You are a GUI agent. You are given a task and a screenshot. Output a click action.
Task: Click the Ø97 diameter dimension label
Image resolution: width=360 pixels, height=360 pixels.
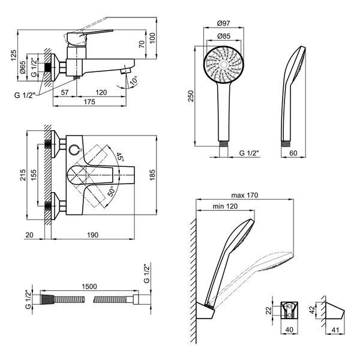(223, 23)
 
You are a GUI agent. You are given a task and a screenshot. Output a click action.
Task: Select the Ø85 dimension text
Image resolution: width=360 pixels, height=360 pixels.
(223, 36)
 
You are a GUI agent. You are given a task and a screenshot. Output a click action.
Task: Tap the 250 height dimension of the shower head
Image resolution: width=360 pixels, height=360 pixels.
(191, 96)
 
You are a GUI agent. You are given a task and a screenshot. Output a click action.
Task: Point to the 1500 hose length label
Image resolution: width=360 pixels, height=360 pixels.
(89, 287)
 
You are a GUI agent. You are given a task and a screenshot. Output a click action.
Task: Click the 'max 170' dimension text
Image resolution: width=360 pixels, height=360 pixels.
(245, 196)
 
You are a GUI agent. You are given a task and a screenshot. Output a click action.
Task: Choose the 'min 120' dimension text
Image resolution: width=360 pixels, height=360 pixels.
(225, 206)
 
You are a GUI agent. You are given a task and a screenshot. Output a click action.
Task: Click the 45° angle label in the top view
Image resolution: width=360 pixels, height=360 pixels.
(120, 157)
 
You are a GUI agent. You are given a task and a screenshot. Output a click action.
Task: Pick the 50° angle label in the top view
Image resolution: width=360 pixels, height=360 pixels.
(111, 191)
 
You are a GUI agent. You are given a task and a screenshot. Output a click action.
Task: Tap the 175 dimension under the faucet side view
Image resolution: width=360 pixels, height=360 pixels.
(89, 102)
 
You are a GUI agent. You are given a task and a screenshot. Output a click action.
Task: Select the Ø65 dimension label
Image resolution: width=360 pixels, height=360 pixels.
(23, 67)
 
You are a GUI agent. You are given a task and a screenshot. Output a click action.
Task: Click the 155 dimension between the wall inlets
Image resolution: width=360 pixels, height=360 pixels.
(34, 175)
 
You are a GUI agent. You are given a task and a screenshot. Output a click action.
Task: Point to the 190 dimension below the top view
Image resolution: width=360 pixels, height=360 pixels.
(92, 235)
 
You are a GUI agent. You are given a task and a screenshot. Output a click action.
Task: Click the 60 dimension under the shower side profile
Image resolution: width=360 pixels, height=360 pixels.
(293, 153)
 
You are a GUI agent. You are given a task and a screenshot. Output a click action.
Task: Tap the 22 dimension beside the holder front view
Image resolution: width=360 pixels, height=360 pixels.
(269, 310)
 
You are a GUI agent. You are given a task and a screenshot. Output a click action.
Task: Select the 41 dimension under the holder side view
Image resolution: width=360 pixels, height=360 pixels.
(335, 330)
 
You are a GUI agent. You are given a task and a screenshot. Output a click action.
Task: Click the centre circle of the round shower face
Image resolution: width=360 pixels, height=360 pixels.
(224, 65)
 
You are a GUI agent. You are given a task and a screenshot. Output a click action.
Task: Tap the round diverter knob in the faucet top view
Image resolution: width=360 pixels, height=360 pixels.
(74, 149)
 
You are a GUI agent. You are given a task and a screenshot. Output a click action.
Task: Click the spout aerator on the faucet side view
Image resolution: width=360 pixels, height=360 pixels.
(125, 70)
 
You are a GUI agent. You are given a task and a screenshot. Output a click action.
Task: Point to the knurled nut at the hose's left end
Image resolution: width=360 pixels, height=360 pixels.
(47, 299)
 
